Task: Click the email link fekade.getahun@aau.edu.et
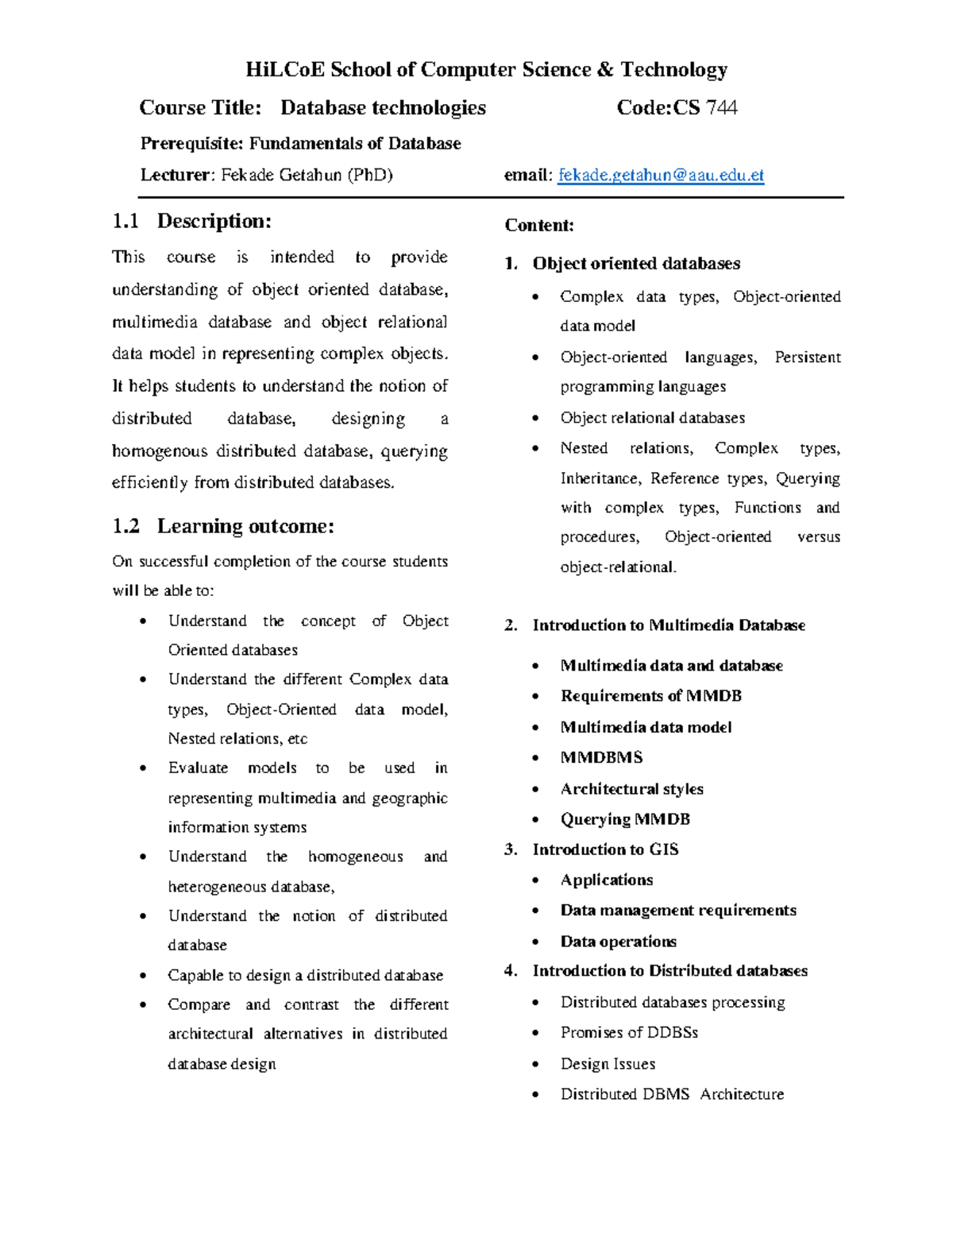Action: (x=661, y=176)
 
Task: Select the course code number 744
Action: (x=722, y=108)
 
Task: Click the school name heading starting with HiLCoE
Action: (x=486, y=70)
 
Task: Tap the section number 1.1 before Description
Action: (x=125, y=221)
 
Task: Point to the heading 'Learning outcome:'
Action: (x=245, y=526)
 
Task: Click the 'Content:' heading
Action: (x=539, y=226)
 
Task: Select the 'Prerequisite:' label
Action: (x=192, y=144)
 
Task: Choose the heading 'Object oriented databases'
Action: (x=636, y=264)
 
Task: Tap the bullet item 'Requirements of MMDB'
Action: (x=650, y=696)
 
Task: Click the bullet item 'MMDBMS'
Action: (x=601, y=758)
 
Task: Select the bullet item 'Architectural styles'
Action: (x=631, y=789)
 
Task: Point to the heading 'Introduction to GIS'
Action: (x=605, y=849)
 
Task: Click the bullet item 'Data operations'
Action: (x=618, y=942)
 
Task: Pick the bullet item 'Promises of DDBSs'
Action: (x=629, y=1032)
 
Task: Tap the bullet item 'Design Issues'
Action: (x=608, y=1064)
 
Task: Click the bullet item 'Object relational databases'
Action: (x=652, y=418)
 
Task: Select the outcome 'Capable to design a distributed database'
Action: (x=305, y=975)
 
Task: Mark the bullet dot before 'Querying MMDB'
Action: (x=536, y=820)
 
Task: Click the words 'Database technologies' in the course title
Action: (x=383, y=108)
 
